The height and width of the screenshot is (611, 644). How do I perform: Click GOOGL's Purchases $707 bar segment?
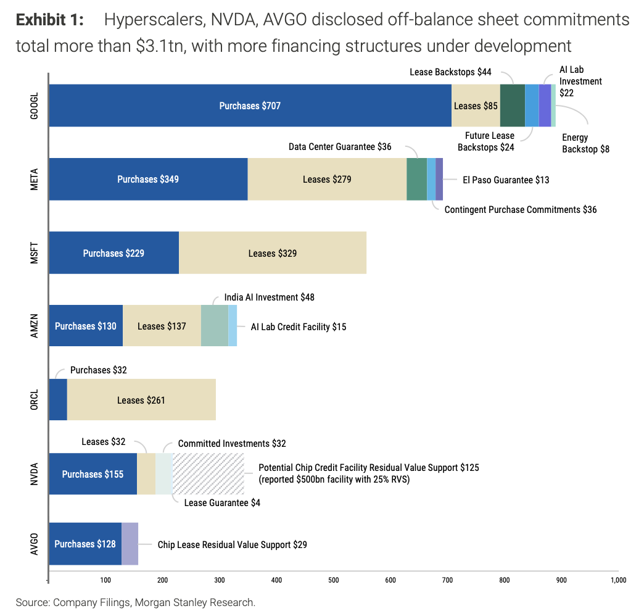pyautogui.click(x=250, y=106)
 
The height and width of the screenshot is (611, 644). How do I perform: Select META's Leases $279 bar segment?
pyautogui.click(x=327, y=179)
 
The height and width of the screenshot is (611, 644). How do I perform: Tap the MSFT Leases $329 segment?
pyautogui.click(x=272, y=252)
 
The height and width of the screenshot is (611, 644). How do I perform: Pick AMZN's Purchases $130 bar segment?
pyautogui.click(x=86, y=325)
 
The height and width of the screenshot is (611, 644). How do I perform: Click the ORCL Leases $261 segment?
pyautogui.click(x=141, y=399)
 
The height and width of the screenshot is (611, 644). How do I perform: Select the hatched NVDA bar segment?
pyautogui.click(x=208, y=474)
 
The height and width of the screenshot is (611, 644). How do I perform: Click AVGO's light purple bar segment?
pyautogui.click(x=130, y=544)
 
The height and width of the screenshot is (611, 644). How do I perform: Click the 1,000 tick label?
pyautogui.click(x=618, y=580)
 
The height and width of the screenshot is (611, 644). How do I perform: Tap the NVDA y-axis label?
pyautogui.click(x=35, y=474)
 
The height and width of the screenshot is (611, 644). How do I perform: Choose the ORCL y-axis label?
pyautogui.click(x=35, y=399)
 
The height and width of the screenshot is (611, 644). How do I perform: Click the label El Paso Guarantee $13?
pyautogui.click(x=506, y=180)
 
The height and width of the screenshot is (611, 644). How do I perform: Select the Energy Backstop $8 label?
pyautogui.click(x=585, y=143)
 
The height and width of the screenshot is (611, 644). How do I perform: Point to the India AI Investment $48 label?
pyautogui.click(x=269, y=297)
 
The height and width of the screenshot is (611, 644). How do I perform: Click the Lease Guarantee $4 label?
pyautogui.click(x=222, y=502)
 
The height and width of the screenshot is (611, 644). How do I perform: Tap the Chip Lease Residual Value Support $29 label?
pyautogui.click(x=232, y=544)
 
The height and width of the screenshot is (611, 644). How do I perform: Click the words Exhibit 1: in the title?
pyautogui.click(x=50, y=20)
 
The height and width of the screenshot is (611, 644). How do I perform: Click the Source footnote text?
pyautogui.click(x=136, y=602)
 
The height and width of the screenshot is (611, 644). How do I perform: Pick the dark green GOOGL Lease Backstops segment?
pyautogui.click(x=513, y=106)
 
